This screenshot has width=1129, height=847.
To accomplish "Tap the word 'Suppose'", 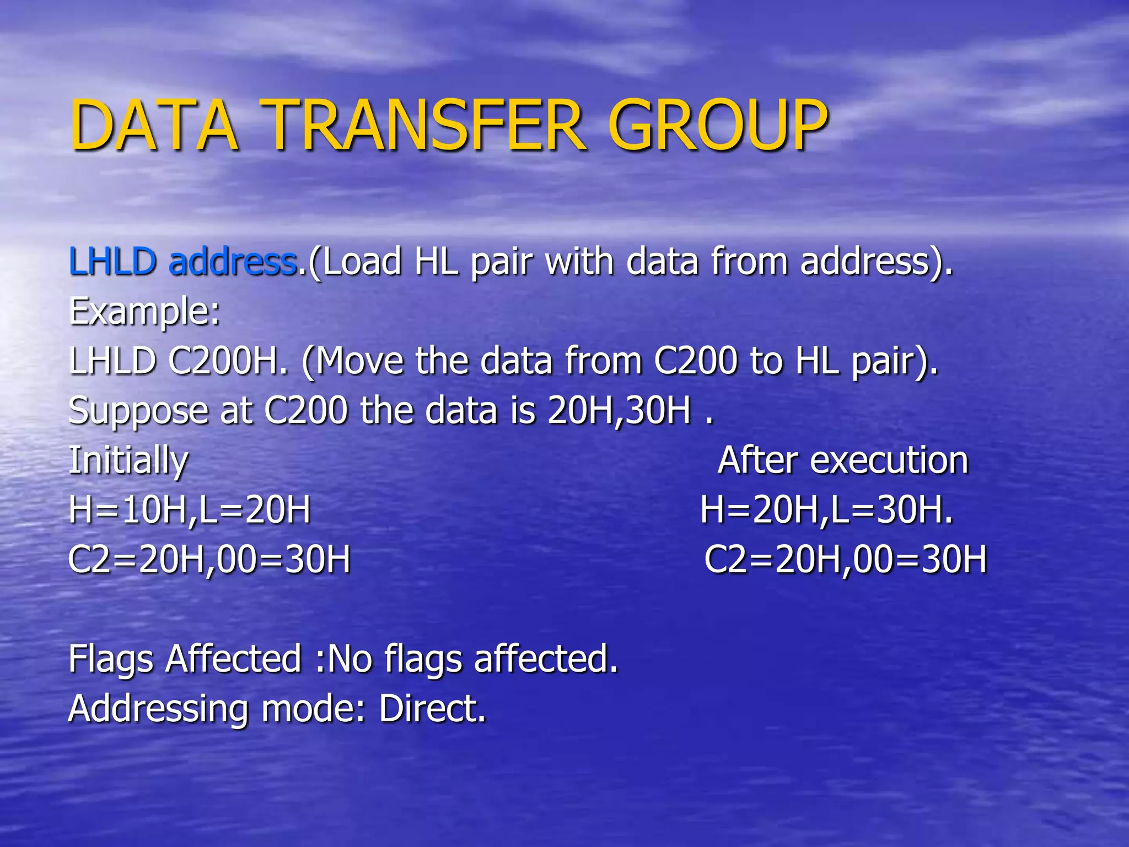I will click(x=138, y=411).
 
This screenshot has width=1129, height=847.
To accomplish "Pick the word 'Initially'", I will click(x=128, y=461).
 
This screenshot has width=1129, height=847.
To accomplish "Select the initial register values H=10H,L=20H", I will click(x=190, y=510).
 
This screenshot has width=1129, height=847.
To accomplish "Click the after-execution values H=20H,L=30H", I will click(x=826, y=510).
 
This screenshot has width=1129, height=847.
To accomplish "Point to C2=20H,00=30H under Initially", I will click(x=209, y=560).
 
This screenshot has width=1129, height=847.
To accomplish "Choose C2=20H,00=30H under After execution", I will click(x=846, y=560).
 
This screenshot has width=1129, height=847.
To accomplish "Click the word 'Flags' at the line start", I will click(x=111, y=660).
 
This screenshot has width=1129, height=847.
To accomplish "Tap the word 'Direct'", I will click(x=432, y=709).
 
